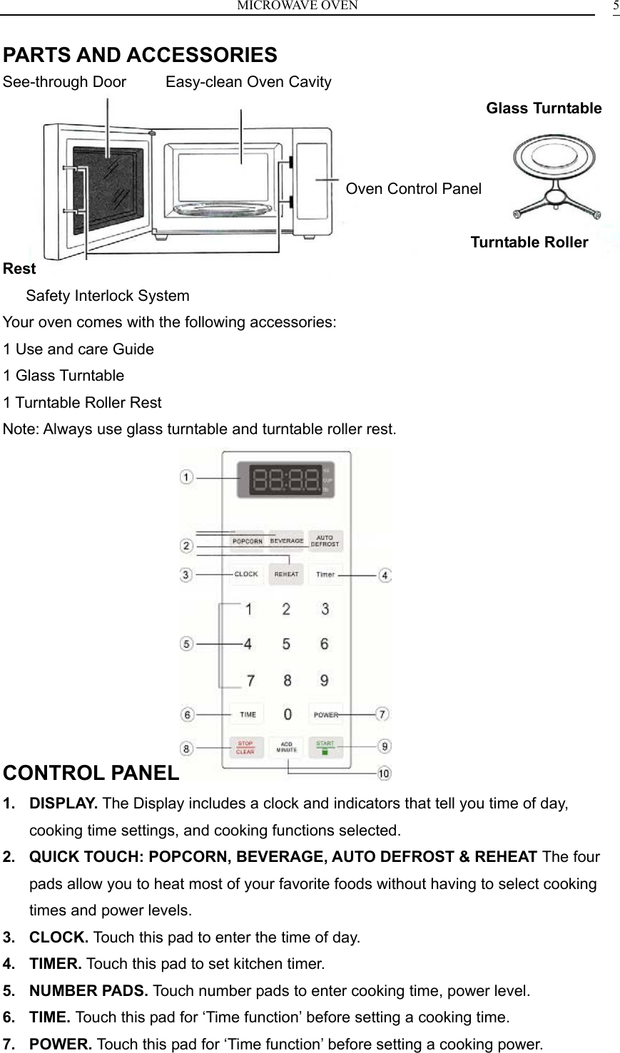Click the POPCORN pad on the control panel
pyautogui.click(x=247, y=541)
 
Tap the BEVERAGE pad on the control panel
pyautogui.click(x=286, y=541)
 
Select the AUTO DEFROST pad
pyautogui.click(x=325, y=541)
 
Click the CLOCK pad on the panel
pyautogui.click(x=246, y=574)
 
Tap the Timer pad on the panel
pyautogui.click(x=325, y=574)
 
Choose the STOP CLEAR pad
pyautogui.click(x=245, y=748)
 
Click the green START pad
pyautogui.click(x=325, y=746)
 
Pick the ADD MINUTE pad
pyautogui.click(x=286, y=747)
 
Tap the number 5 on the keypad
pyautogui.click(x=286, y=644)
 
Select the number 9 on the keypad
pyautogui.click(x=325, y=680)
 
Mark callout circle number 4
pyautogui.click(x=385, y=575)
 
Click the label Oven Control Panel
pyautogui.click(x=413, y=189)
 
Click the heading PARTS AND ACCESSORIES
pyautogui.click(x=141, y=55)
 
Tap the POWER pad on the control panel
pyautogui.click(x=325, y=714)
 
